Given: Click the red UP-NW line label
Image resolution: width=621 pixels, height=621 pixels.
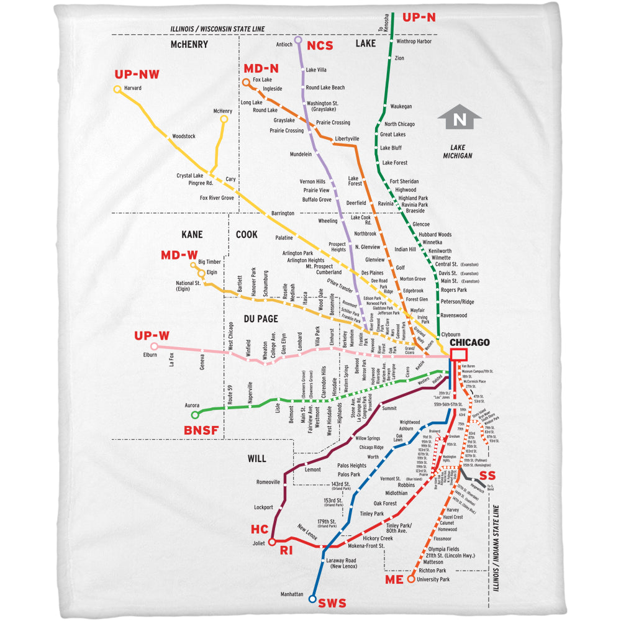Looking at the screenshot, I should click(137, 75).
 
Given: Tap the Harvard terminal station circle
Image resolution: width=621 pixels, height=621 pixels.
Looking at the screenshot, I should click(117, 89).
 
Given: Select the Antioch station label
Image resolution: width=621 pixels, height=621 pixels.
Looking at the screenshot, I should click(284, 44).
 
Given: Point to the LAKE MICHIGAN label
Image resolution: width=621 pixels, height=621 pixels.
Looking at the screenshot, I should click(453, 152).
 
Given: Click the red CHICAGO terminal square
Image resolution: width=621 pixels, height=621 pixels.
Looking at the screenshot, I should click(459, 355).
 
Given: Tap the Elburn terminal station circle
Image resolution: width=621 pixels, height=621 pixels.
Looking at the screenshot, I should click(154, 347).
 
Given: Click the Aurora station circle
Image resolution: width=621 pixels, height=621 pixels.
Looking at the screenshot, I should click(195, 415).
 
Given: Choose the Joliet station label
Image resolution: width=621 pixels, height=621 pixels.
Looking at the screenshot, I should click(258, 543).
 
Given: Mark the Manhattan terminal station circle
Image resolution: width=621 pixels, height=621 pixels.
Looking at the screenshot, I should click(312, 599).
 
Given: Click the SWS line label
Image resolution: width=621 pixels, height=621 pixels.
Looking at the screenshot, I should click(332, 603).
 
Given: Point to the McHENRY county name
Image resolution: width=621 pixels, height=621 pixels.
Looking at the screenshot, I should click(189, 45).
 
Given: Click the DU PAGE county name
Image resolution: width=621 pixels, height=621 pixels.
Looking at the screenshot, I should click(260, 319).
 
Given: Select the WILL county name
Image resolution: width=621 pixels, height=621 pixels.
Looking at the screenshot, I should click(256, 459).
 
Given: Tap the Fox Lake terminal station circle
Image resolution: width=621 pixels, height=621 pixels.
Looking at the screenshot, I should click(247, 81).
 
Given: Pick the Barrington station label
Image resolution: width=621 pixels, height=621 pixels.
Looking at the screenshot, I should click(283, 213).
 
